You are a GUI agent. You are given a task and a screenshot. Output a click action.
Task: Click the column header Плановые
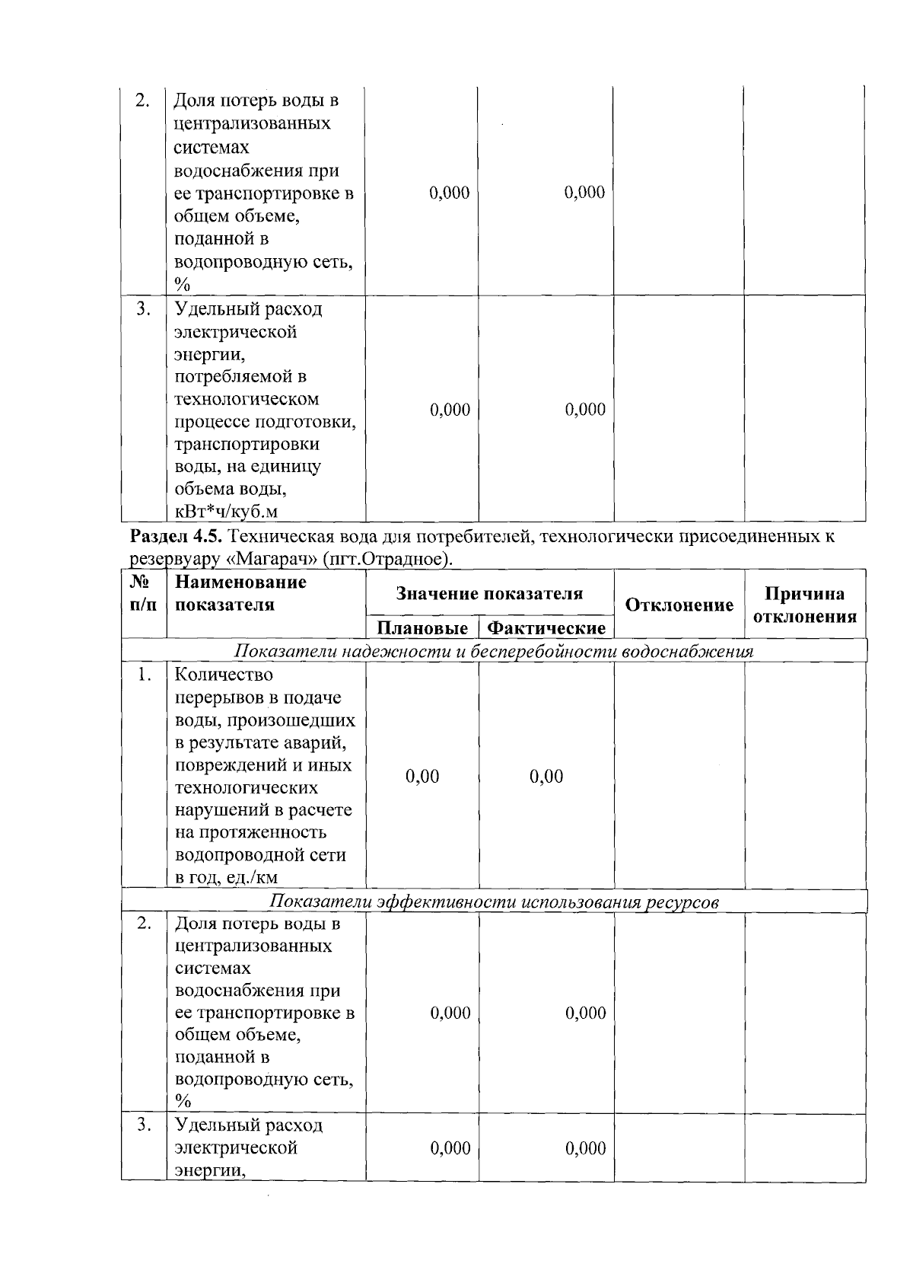tap(422, 628)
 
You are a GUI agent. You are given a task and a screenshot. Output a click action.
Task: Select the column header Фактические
tap(546, 628)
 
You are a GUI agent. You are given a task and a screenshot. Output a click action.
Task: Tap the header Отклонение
tap(679, 605)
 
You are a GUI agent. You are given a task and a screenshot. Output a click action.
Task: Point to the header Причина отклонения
tap(805, 605)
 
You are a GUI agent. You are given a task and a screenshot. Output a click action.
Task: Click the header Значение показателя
tap(489, 594)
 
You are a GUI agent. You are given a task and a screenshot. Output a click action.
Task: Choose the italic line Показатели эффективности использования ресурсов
tap(494, 902)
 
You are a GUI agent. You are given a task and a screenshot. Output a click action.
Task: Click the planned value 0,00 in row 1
tap(422, 777)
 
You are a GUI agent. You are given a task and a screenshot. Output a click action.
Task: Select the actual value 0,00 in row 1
tap(546, 777)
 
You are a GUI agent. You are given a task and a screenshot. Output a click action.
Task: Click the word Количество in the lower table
tap(224, 675)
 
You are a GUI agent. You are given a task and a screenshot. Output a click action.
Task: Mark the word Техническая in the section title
tap(274, 537)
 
